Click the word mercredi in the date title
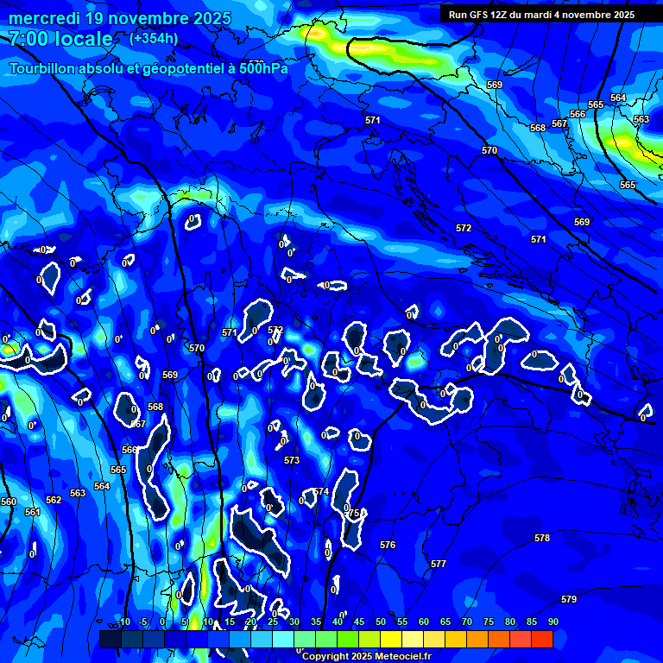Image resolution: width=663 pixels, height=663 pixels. coord(46,18)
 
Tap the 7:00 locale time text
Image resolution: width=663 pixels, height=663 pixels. coord(60,39)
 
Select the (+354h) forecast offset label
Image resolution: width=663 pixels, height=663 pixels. coord(154,38)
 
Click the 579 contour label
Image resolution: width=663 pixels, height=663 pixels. coord(568,599)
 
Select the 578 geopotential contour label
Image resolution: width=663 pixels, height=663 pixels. coord(541,538)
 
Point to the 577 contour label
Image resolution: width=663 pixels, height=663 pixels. coord(439,564)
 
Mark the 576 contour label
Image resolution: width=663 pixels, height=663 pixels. coord(388,545)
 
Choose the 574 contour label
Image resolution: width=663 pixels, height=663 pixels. coord(321,491)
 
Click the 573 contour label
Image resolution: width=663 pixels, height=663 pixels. coord(292,460)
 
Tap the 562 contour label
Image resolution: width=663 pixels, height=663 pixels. coord(54,500)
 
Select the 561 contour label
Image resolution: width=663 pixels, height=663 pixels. coord(33,512)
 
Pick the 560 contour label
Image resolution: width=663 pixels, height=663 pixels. coord(9,502)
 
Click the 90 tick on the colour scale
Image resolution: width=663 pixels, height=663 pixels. coord(552,622)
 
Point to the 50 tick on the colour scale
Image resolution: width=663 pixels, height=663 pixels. coord(380,622)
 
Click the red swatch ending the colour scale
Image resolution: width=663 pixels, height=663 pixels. coord(541,639)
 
